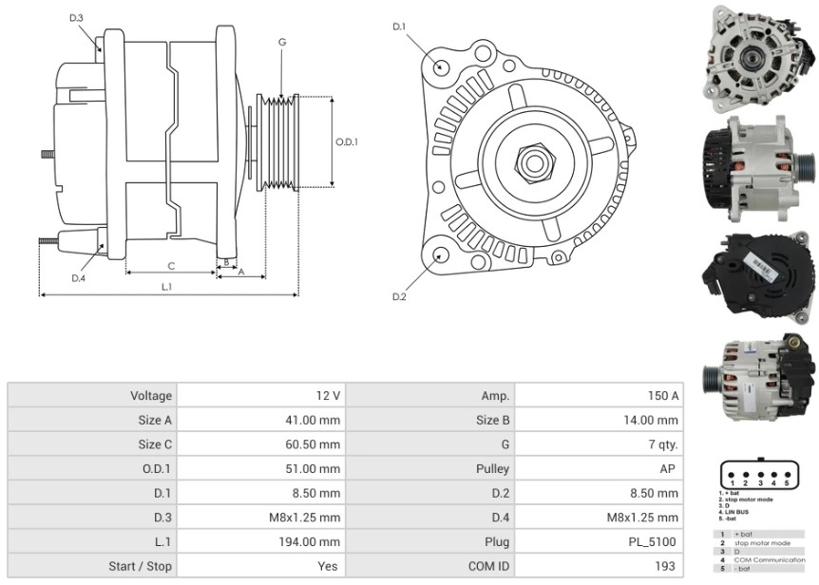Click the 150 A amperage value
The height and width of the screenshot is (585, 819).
coord(662,395)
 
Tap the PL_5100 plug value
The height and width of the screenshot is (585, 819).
coord(656,542)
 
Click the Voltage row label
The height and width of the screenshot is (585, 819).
coord(151,395)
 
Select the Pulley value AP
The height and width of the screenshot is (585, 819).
coord(669,469)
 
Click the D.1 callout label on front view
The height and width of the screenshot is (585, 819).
coord(399,26)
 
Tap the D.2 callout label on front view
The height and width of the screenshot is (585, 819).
coord(399,297)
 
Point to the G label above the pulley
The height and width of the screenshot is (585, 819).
coord(282,43)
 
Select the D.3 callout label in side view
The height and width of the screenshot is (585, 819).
coord(76,18)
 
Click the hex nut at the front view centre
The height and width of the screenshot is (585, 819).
coord(533,164)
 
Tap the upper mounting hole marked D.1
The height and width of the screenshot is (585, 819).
coord(442,67)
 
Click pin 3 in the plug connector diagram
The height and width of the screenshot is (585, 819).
coord(760,472)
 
